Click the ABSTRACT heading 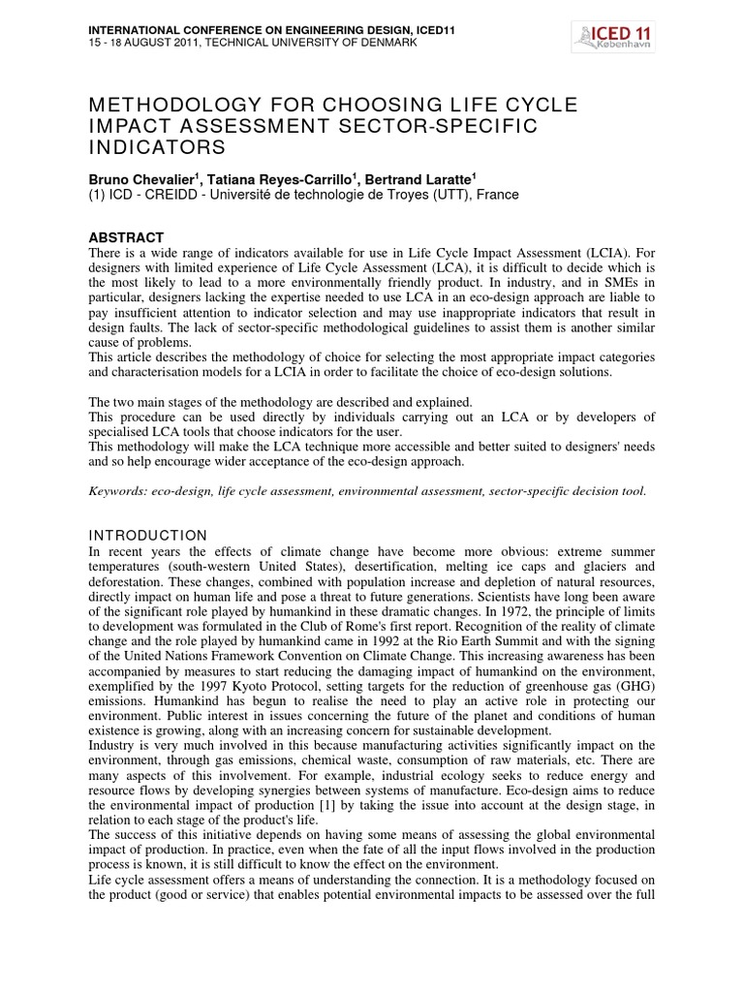tap(126, 237)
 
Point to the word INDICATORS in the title tap(157, 147)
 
